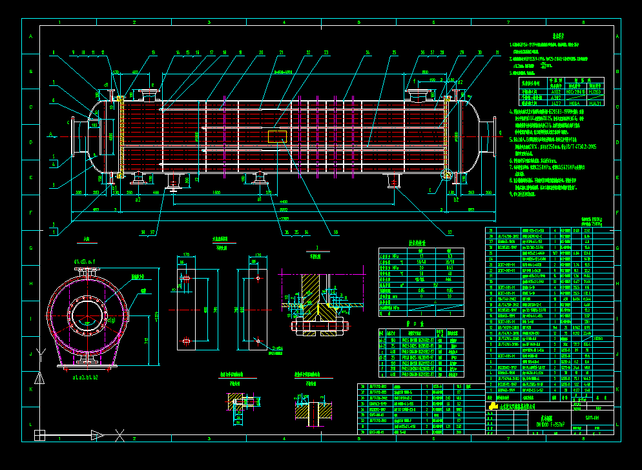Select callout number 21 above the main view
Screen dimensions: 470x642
coord(281,52)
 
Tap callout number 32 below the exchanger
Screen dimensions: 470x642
coord(449,231)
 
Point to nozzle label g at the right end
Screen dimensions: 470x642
coord(499,133)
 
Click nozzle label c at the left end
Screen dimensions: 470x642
coord(68,121)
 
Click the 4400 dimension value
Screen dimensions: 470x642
coord(284,202)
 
